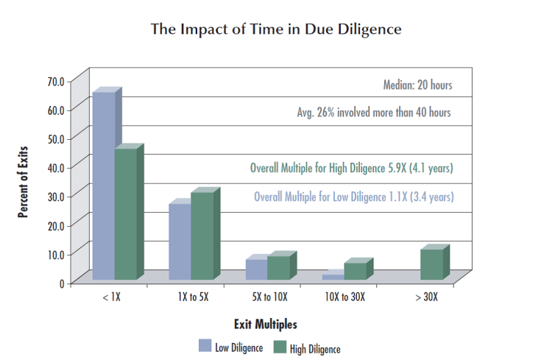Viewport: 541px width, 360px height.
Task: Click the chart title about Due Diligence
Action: tap(276, 29)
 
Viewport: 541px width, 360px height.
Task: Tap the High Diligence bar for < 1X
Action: tap(125, 214)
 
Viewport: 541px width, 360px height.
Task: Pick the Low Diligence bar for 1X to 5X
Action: tap(180, 241)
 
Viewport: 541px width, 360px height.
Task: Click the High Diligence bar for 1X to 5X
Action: tap(202, 236)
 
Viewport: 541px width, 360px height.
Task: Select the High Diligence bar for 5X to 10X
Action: tap(278, 267)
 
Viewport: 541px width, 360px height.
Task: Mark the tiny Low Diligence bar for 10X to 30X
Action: tap(333, 277)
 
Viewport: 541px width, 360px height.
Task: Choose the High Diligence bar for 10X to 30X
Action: tap(354, 271)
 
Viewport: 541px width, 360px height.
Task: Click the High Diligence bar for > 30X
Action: tap(431, 264)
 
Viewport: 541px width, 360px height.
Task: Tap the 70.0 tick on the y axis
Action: tap(56, 80)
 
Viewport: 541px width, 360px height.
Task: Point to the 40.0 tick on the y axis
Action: tap(56, 167)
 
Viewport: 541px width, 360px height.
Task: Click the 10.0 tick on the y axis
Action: tap(56, 254)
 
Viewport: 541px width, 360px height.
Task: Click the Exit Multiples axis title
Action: tap(266, 324)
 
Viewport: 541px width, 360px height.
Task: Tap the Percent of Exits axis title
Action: tap(24, 180)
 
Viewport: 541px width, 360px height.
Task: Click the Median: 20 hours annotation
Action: tap(417, 85)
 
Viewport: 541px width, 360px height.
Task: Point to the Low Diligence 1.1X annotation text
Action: tap(353, 197)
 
